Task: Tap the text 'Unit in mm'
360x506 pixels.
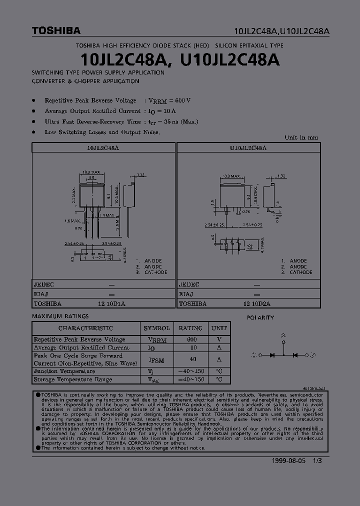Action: click(x=301, y=137)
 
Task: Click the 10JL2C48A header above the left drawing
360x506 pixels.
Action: click(x=103, y=148)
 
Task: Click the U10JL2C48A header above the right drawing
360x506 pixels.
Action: click(x=248, y=148)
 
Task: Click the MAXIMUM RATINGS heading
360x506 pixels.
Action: click(x=60, y=316)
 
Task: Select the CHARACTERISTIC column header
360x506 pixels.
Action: click(x=85, y=328)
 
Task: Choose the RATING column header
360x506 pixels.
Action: click(x=190, y=328)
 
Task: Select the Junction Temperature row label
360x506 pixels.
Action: click(x=64, y=371)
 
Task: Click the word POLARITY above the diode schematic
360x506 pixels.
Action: click(x=260, y=317)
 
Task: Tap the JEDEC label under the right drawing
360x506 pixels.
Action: click(x=189, y=284)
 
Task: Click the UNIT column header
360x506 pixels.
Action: click(x=219, y=328)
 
